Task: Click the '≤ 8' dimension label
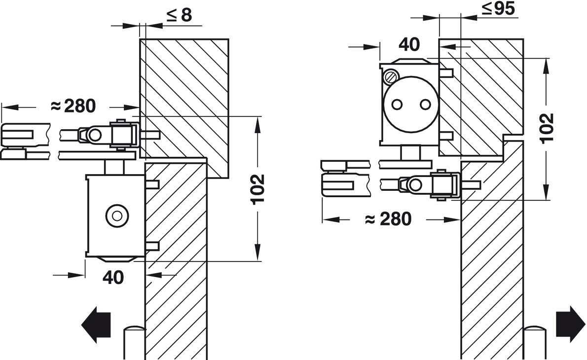point(179,15)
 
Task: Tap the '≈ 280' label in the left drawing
point(73,106)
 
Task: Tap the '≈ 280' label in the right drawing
point(388,218)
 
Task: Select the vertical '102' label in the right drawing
point(547,127)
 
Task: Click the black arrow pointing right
point(570,324)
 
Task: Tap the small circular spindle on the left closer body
point(116,215)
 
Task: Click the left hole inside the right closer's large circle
point(398,105)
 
